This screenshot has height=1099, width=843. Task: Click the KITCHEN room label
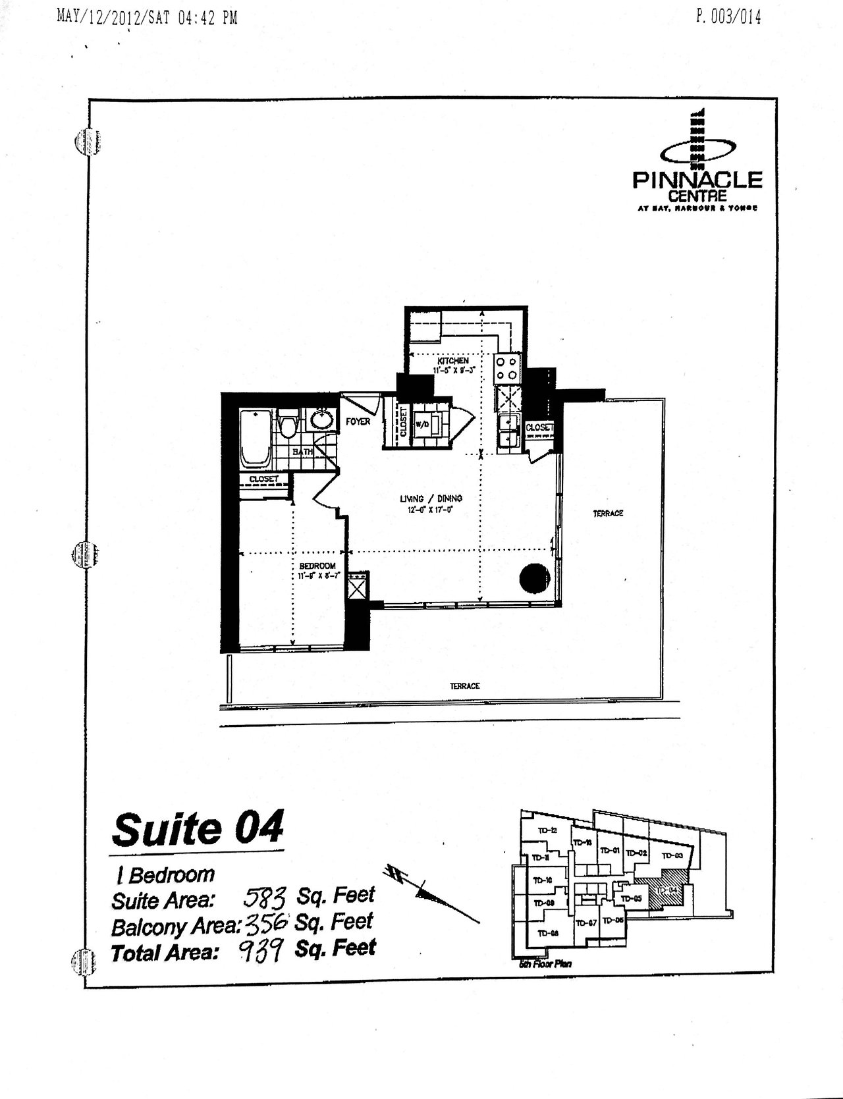(x=452, y=362)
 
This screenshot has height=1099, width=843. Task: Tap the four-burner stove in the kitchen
(x=508, y=368)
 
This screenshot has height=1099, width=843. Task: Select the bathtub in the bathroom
(x=255, y=437)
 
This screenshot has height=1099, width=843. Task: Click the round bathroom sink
(x=323, y=420)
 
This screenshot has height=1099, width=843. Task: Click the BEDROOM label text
(x=317, y=566)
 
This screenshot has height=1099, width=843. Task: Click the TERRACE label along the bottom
(x=464, y=685)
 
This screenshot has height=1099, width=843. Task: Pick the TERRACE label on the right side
(x=607, y=513)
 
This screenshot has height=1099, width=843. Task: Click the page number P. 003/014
(x=728, y=18)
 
